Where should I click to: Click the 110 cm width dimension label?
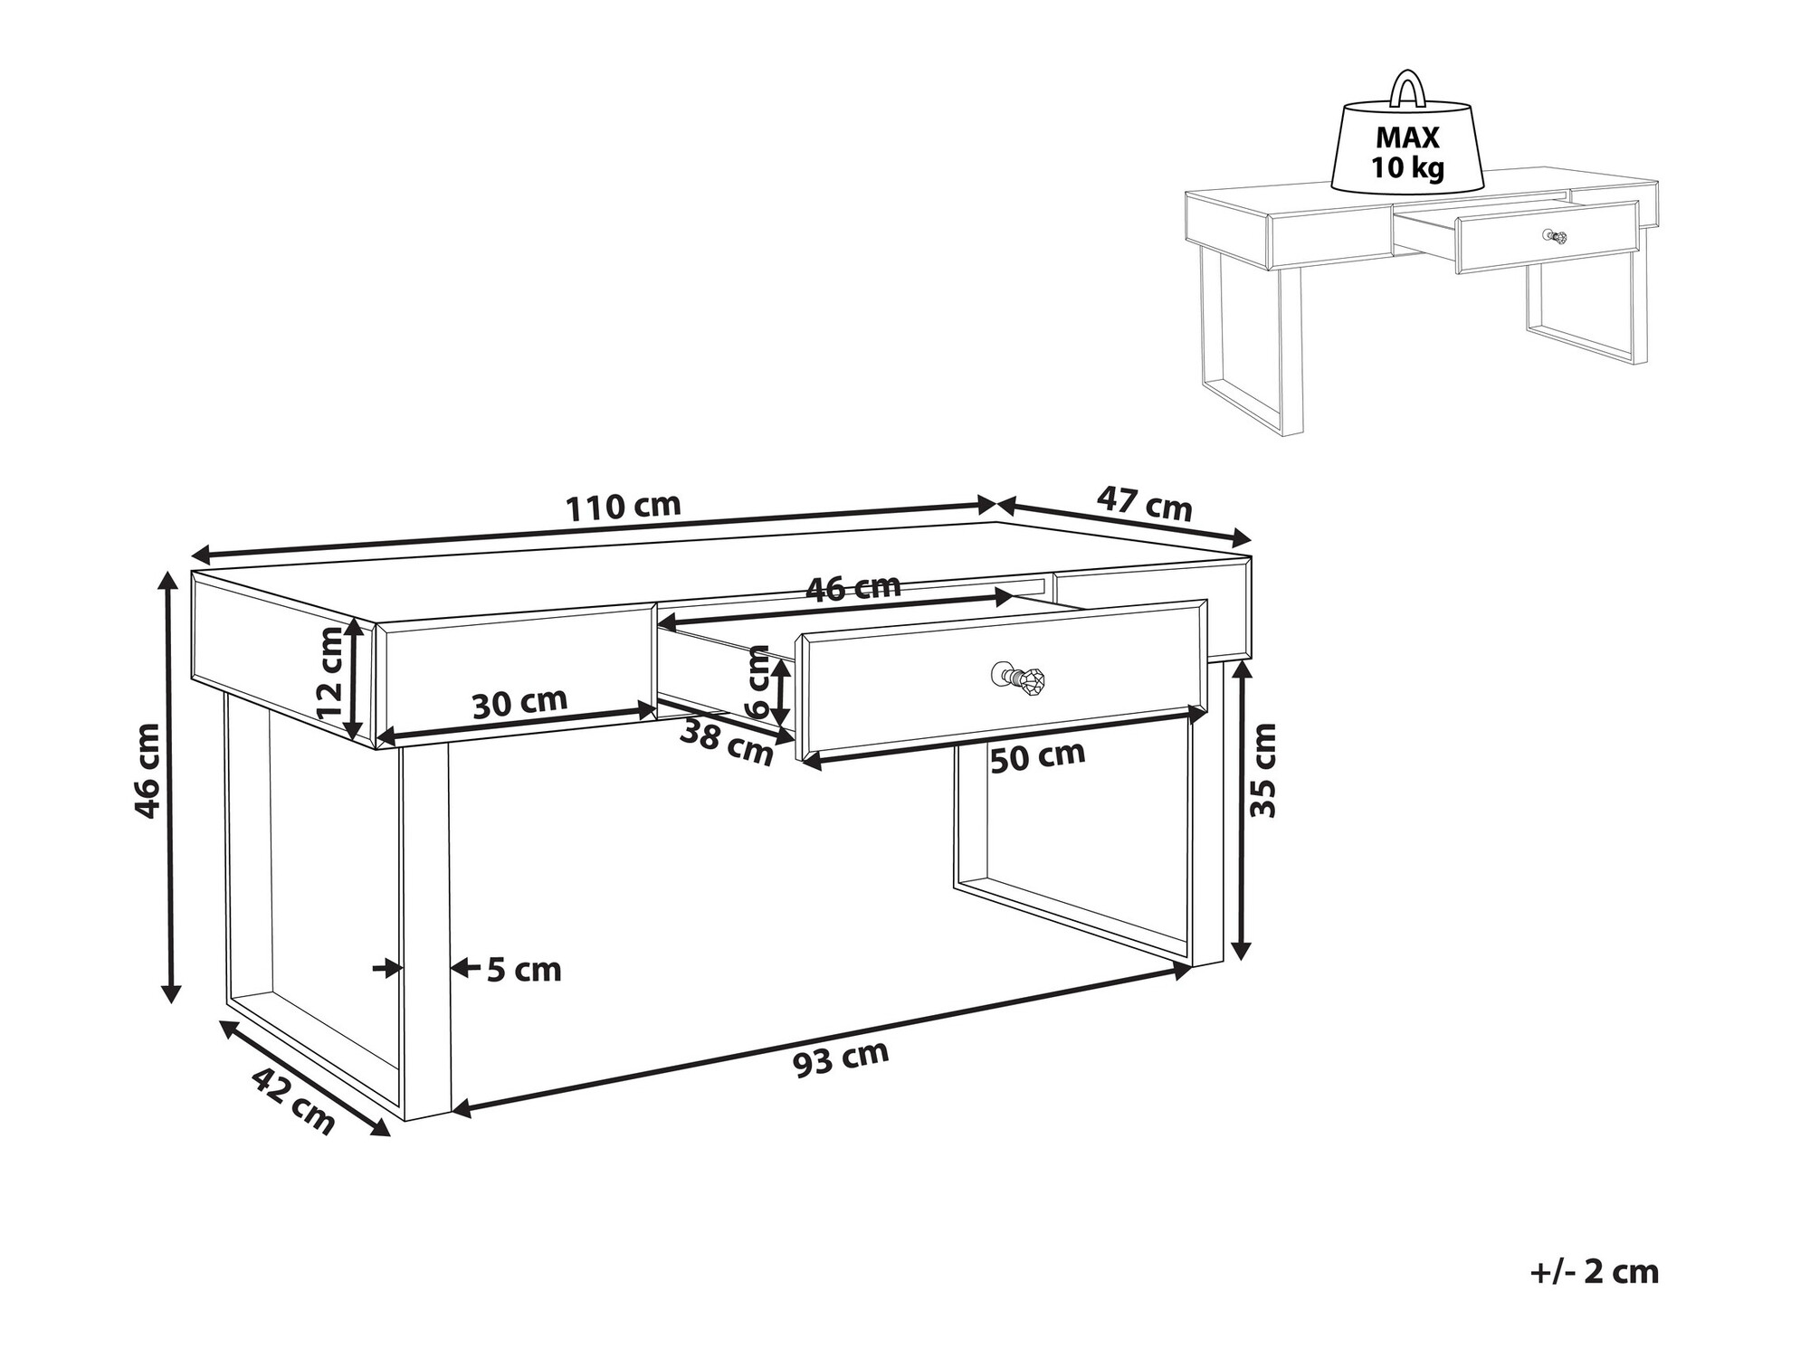pyautogui.click(x=623, y=507)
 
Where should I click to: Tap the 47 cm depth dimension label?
pyautogui.click(x=1145, y=503)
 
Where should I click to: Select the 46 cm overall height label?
pyautogui.click(x=148, y=771)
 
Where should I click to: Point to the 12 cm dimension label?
pyautogui.click(x=331, y=672)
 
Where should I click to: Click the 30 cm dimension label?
pyautogui.click(x=519, y=703)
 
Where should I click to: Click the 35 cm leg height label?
pyautogui.click(x=1262, y=771)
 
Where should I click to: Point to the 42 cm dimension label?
pyautogui.click(x=293, y=1101)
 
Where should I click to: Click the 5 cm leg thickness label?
pyautogui.click(x=524, y=971)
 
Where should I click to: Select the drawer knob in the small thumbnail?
pyautogui.click(x=1556, y=236)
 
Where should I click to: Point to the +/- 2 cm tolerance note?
pyautogui.click(x=1595, y=1271)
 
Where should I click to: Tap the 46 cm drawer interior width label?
pyautogui.click(x=853, y=588)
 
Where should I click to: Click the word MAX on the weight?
pyautogui.click(x=1407, y=138)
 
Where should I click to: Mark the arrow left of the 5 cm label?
pyautogui.click(x=386, y=968)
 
